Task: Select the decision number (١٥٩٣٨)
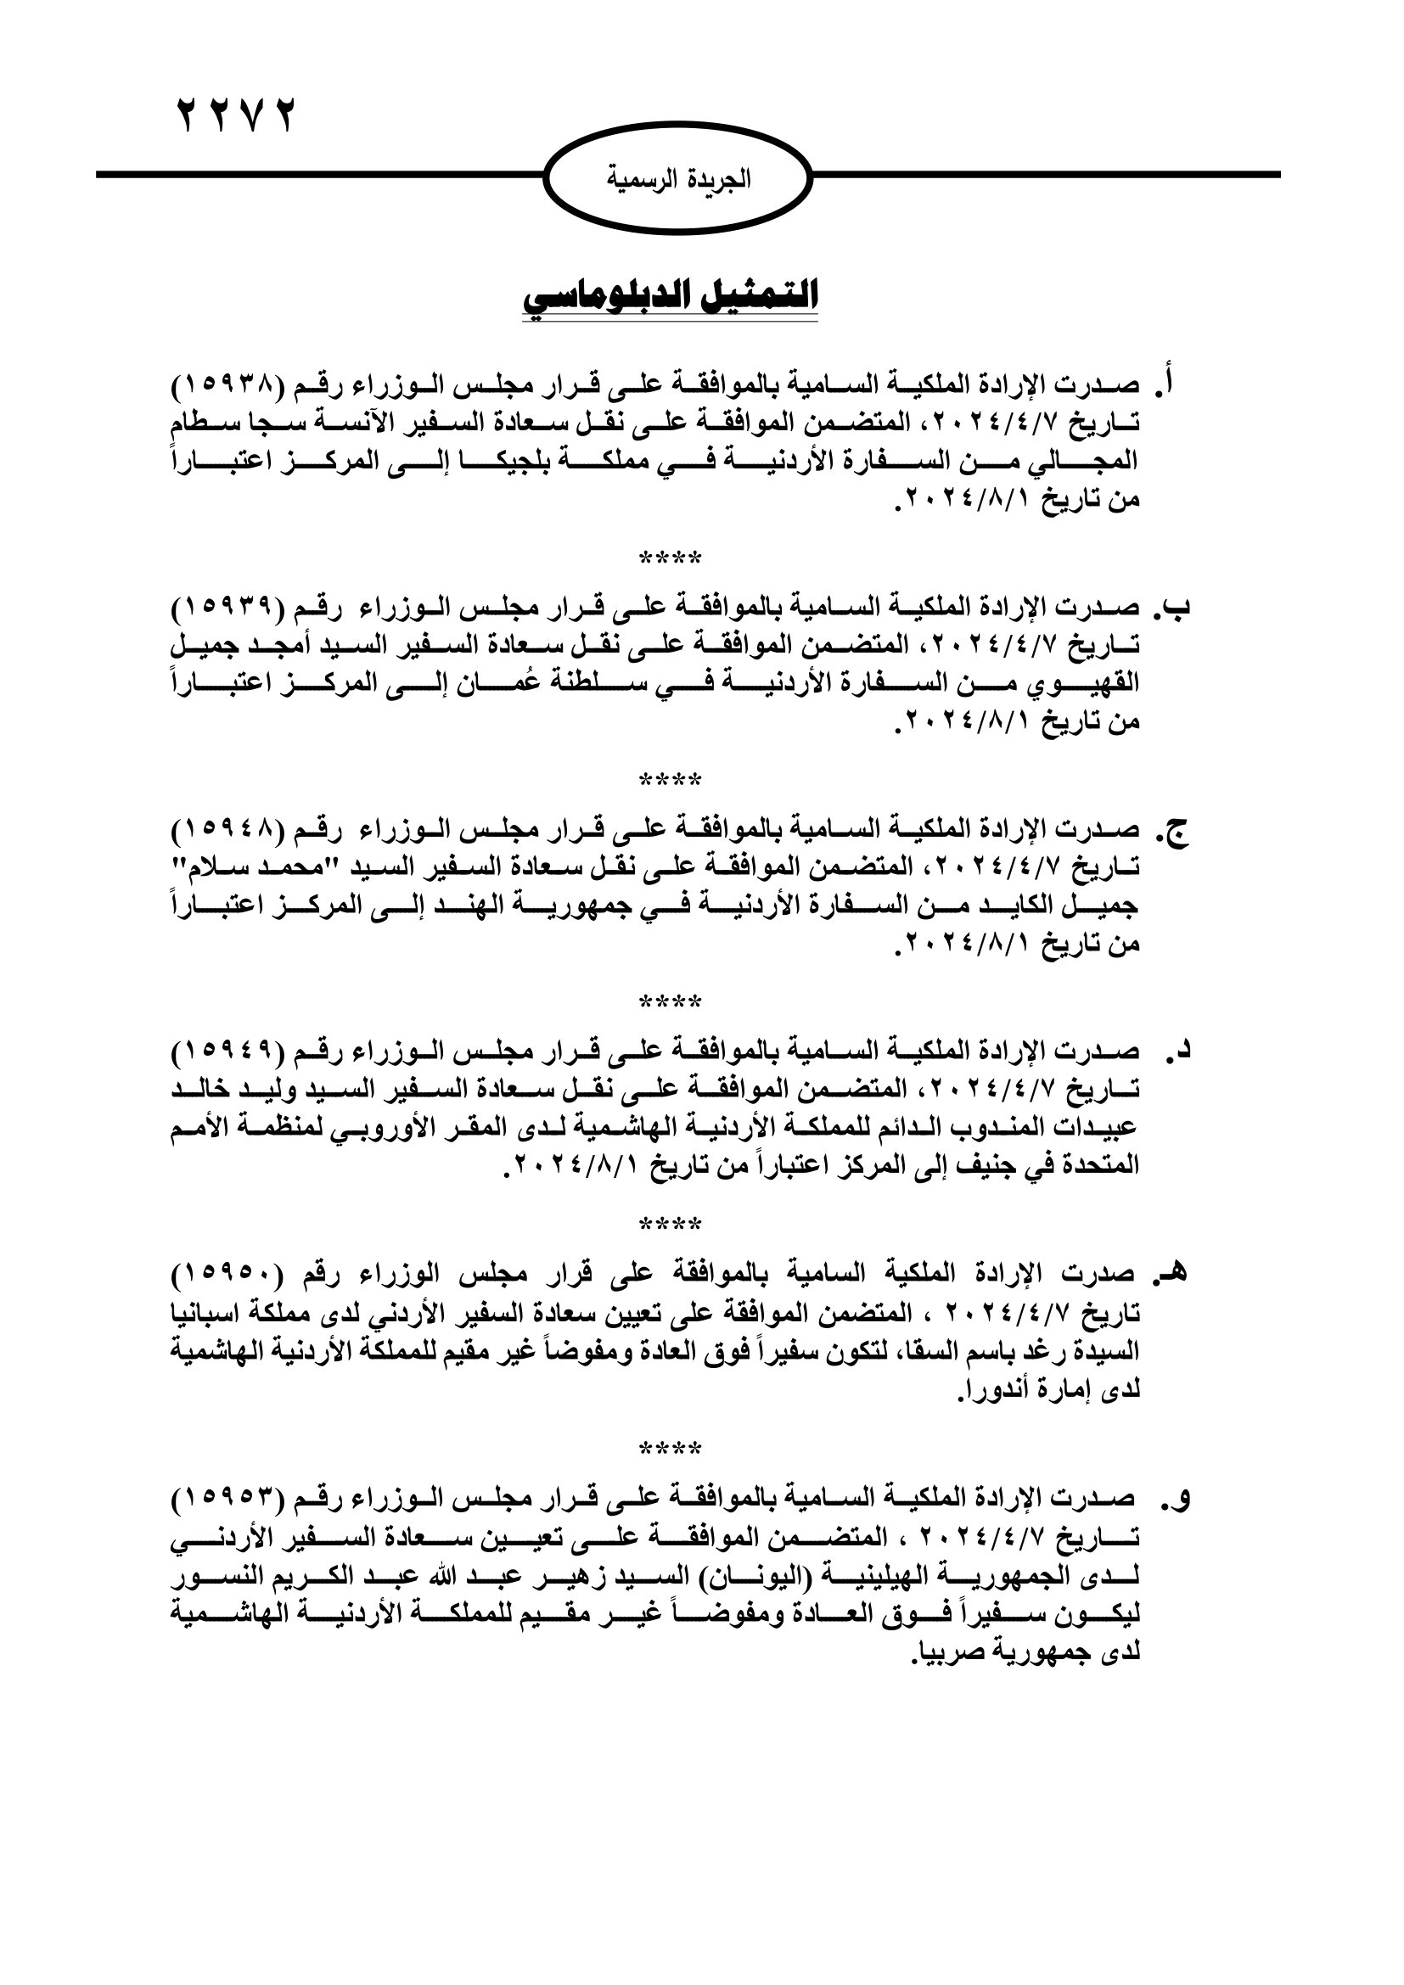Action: coord(228,384)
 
